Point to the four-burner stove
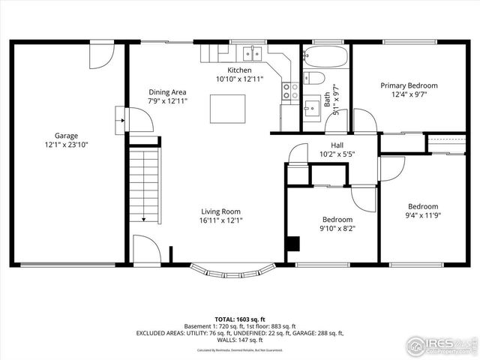coord(289,91)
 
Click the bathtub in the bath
coord(325,57)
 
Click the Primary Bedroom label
coord(409,85)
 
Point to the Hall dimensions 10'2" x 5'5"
coord(337,154)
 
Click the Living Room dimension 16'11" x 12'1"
coord(220,220)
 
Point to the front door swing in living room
coord(144,248)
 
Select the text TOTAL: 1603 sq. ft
coord(239,319)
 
